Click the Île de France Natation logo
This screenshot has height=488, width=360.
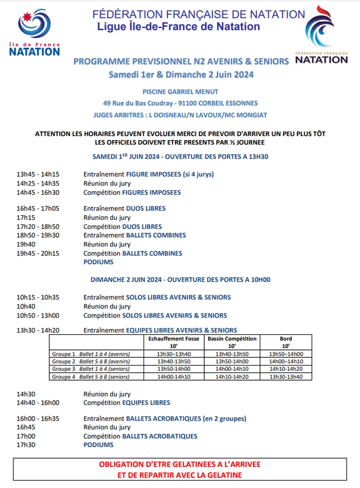click(34, 32)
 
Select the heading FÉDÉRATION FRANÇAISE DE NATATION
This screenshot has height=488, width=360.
click(199, 15)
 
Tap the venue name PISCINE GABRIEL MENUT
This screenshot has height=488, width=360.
click(180, 92)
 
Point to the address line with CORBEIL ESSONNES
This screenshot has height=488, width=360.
click(180, 103)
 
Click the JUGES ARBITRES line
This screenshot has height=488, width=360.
click(180, 115)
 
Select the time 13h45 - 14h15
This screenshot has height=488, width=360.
click(38, 174)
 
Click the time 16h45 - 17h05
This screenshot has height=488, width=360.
click(38, 208)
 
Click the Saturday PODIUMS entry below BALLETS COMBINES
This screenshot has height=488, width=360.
click(98, 262)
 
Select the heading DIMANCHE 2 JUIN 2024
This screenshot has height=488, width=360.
click(180, 280)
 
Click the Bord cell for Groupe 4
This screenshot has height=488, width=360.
click(286, 377)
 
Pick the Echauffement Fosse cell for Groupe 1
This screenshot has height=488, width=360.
click(174, 354)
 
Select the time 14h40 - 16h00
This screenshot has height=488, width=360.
click(38, 403)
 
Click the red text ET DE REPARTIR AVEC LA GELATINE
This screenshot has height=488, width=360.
click(180, 475)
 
